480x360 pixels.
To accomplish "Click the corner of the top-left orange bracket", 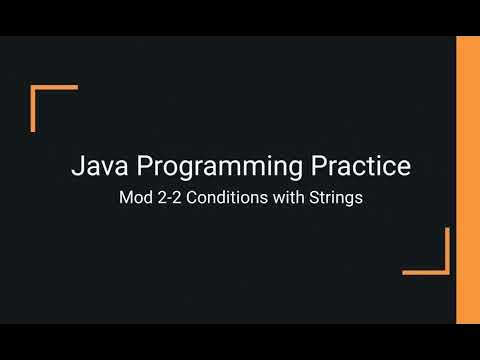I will pos(34,89).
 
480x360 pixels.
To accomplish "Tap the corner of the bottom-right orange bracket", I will pos(447,271).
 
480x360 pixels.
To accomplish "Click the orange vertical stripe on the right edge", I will pos(468,180).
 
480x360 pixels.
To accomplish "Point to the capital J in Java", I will pos(77,166).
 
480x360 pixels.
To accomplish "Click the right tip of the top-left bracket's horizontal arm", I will pos(77,89).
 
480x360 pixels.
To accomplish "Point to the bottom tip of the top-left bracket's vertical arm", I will pos(34,131).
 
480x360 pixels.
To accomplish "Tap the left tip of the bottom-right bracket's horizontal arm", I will pos(404,271).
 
